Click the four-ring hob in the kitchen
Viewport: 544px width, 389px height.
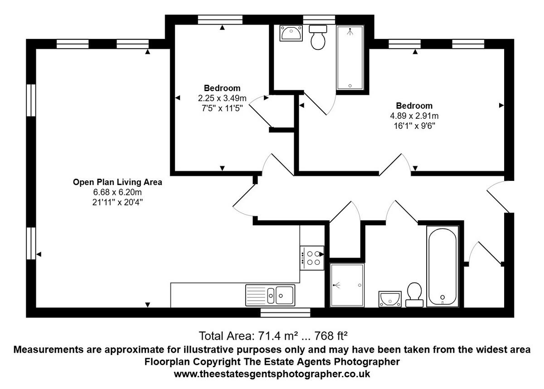pyautogui.click(x=312, y=258)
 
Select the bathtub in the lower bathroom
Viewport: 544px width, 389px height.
pyautogui.click(x=442, y=267)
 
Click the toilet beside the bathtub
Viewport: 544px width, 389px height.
pyautogui.click(x=414, y=295)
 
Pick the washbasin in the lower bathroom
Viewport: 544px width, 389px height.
pyautogui.click(x=390, y=299)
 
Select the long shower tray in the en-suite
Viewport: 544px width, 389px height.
pyautogui.click(x=350, y=57)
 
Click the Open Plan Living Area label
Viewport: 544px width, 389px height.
pyautogui.click(x=118, y=182)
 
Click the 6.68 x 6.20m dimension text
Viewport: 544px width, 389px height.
pyautogui.click(x=118, y=192)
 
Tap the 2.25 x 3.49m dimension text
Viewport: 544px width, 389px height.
pyautogui.click(x=222, y=98)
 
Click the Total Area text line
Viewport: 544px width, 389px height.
pyautogui.click(x=273, y=336)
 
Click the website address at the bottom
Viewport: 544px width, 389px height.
pyautogui.click(x=272, y=374)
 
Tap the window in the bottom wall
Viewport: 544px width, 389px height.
pyautogui.click(x=285, y=312)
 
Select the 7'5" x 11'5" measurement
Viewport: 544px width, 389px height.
pyautogui.click(x=222, y=107)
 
